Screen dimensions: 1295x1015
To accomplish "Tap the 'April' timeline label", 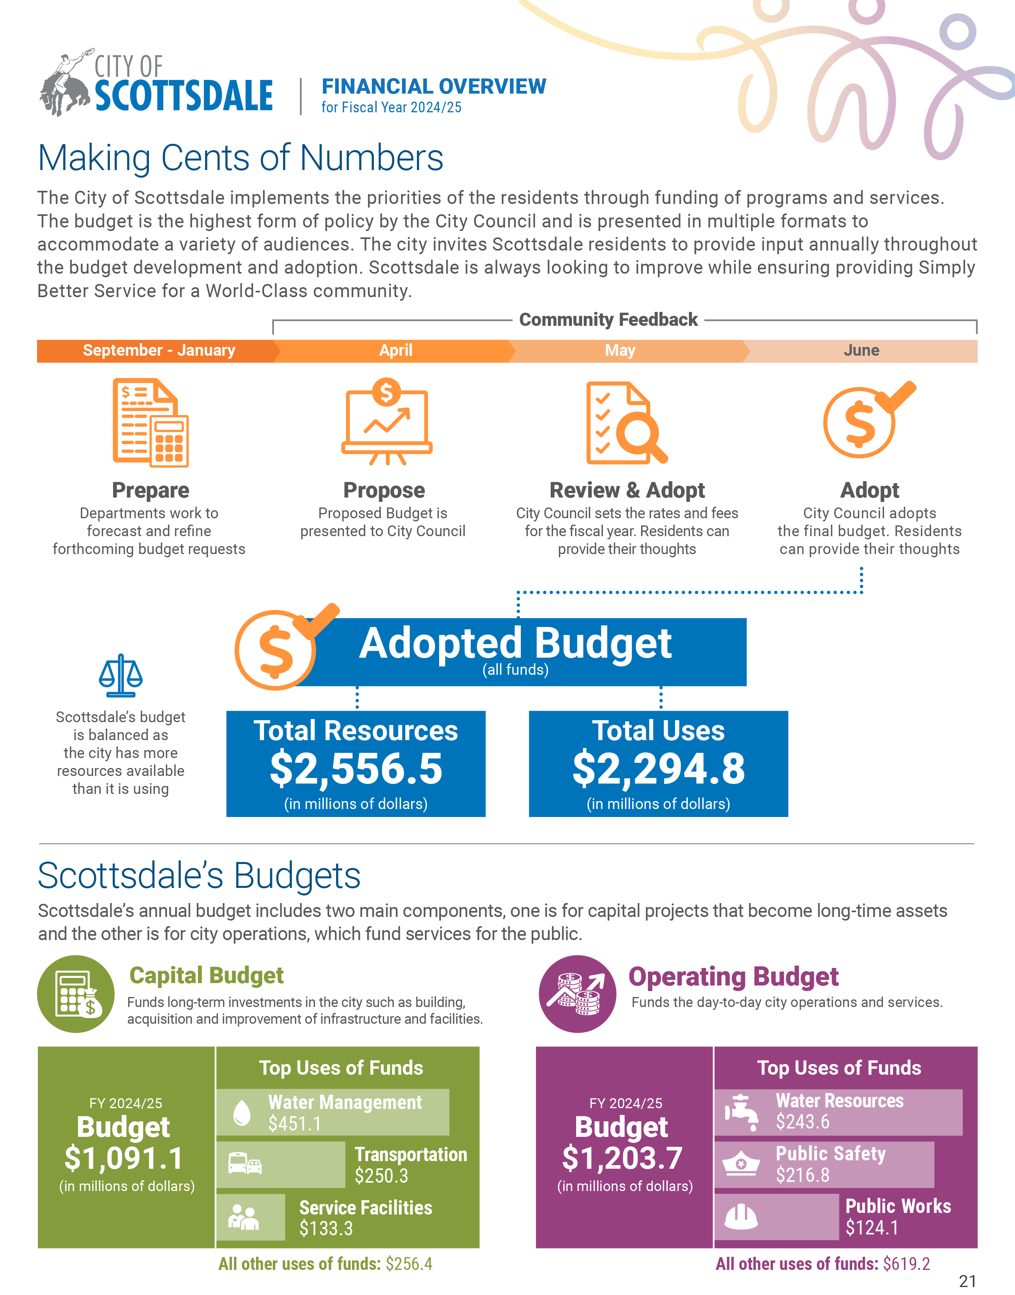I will tap(396, 351).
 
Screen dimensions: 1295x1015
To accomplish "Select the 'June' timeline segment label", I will tap(861, 351).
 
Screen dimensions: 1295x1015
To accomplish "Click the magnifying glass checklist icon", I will tap(626, 423).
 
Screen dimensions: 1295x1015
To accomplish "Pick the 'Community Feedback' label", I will tap(608, 320).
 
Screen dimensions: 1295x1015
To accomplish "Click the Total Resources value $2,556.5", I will tap(356, 768).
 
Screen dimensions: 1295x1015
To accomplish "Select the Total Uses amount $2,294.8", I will tap(659, 768).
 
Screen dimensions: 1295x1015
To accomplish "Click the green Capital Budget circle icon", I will tap(76, 994).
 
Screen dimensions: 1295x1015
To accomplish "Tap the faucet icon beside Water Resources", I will tap(741, 1111).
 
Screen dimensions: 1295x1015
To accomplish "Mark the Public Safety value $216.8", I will tap(802, 1175).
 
